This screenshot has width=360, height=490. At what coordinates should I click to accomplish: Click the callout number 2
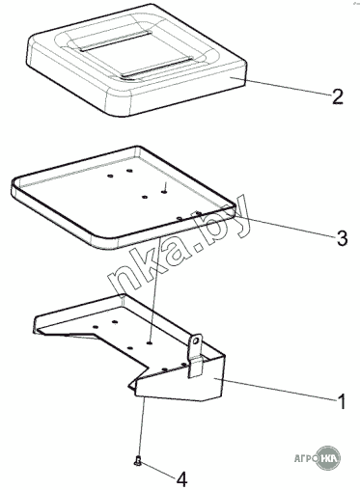click(337, 96)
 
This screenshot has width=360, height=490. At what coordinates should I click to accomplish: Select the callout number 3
click(341, 237)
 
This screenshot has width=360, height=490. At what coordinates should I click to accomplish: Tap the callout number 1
click(342, 401)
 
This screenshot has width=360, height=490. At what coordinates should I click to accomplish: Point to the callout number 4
click(181, 480)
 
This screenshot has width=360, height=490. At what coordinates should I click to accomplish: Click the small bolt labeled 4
click(138, 461)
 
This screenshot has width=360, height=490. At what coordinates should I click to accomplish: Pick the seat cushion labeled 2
click(137, 60)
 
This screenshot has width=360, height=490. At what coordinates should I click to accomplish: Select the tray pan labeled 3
click(124, 197)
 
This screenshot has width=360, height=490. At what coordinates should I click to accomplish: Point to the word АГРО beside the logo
click(305, 457)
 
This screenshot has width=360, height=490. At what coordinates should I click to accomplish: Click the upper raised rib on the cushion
click(115, 41)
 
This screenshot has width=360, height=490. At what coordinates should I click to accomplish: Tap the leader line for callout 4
click(158, 470)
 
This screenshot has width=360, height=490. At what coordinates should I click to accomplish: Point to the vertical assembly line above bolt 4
click(142, 425)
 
